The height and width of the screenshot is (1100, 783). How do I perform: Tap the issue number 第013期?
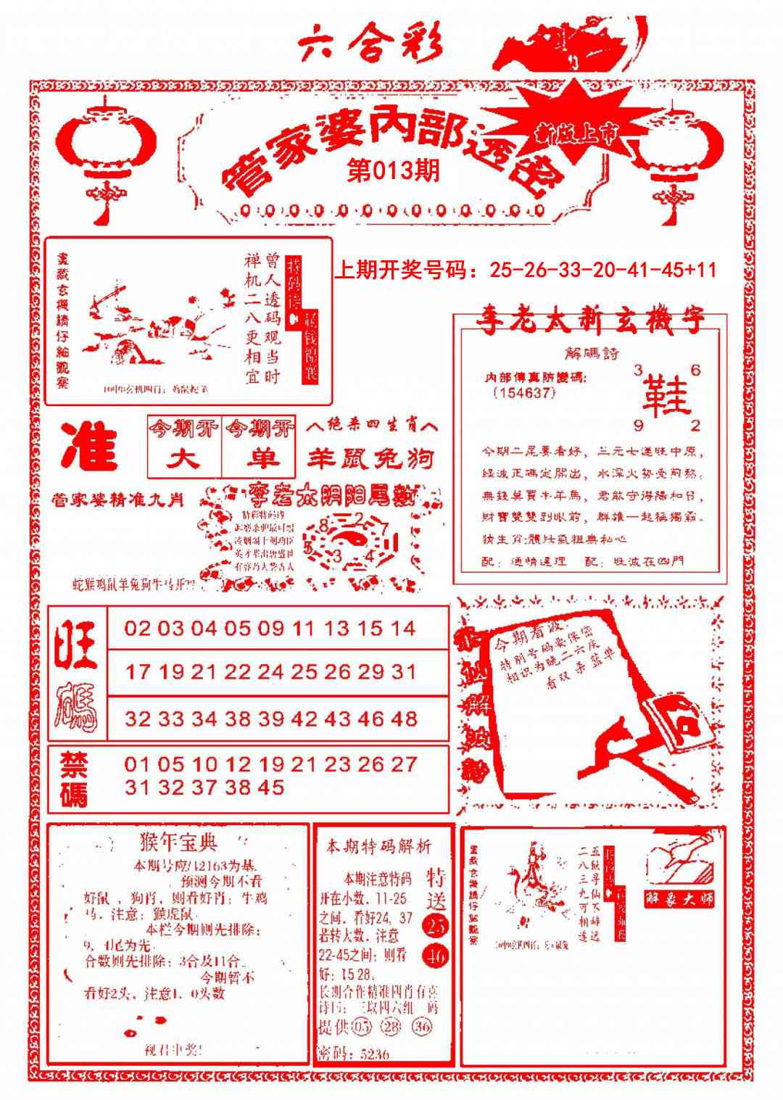coord(393,172)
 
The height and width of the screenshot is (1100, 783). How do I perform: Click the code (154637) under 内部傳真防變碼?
coord(523,392)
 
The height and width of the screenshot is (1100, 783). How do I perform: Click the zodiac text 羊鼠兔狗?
coord(370,458)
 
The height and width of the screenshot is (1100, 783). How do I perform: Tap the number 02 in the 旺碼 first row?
coord(138,628)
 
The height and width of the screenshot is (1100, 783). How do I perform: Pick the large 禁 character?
coord(73,764)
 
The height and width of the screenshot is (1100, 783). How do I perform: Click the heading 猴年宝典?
coord(178,842)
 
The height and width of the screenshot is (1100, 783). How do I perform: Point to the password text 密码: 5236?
coord(354,1054)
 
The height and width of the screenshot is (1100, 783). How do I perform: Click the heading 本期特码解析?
coord(378,845)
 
